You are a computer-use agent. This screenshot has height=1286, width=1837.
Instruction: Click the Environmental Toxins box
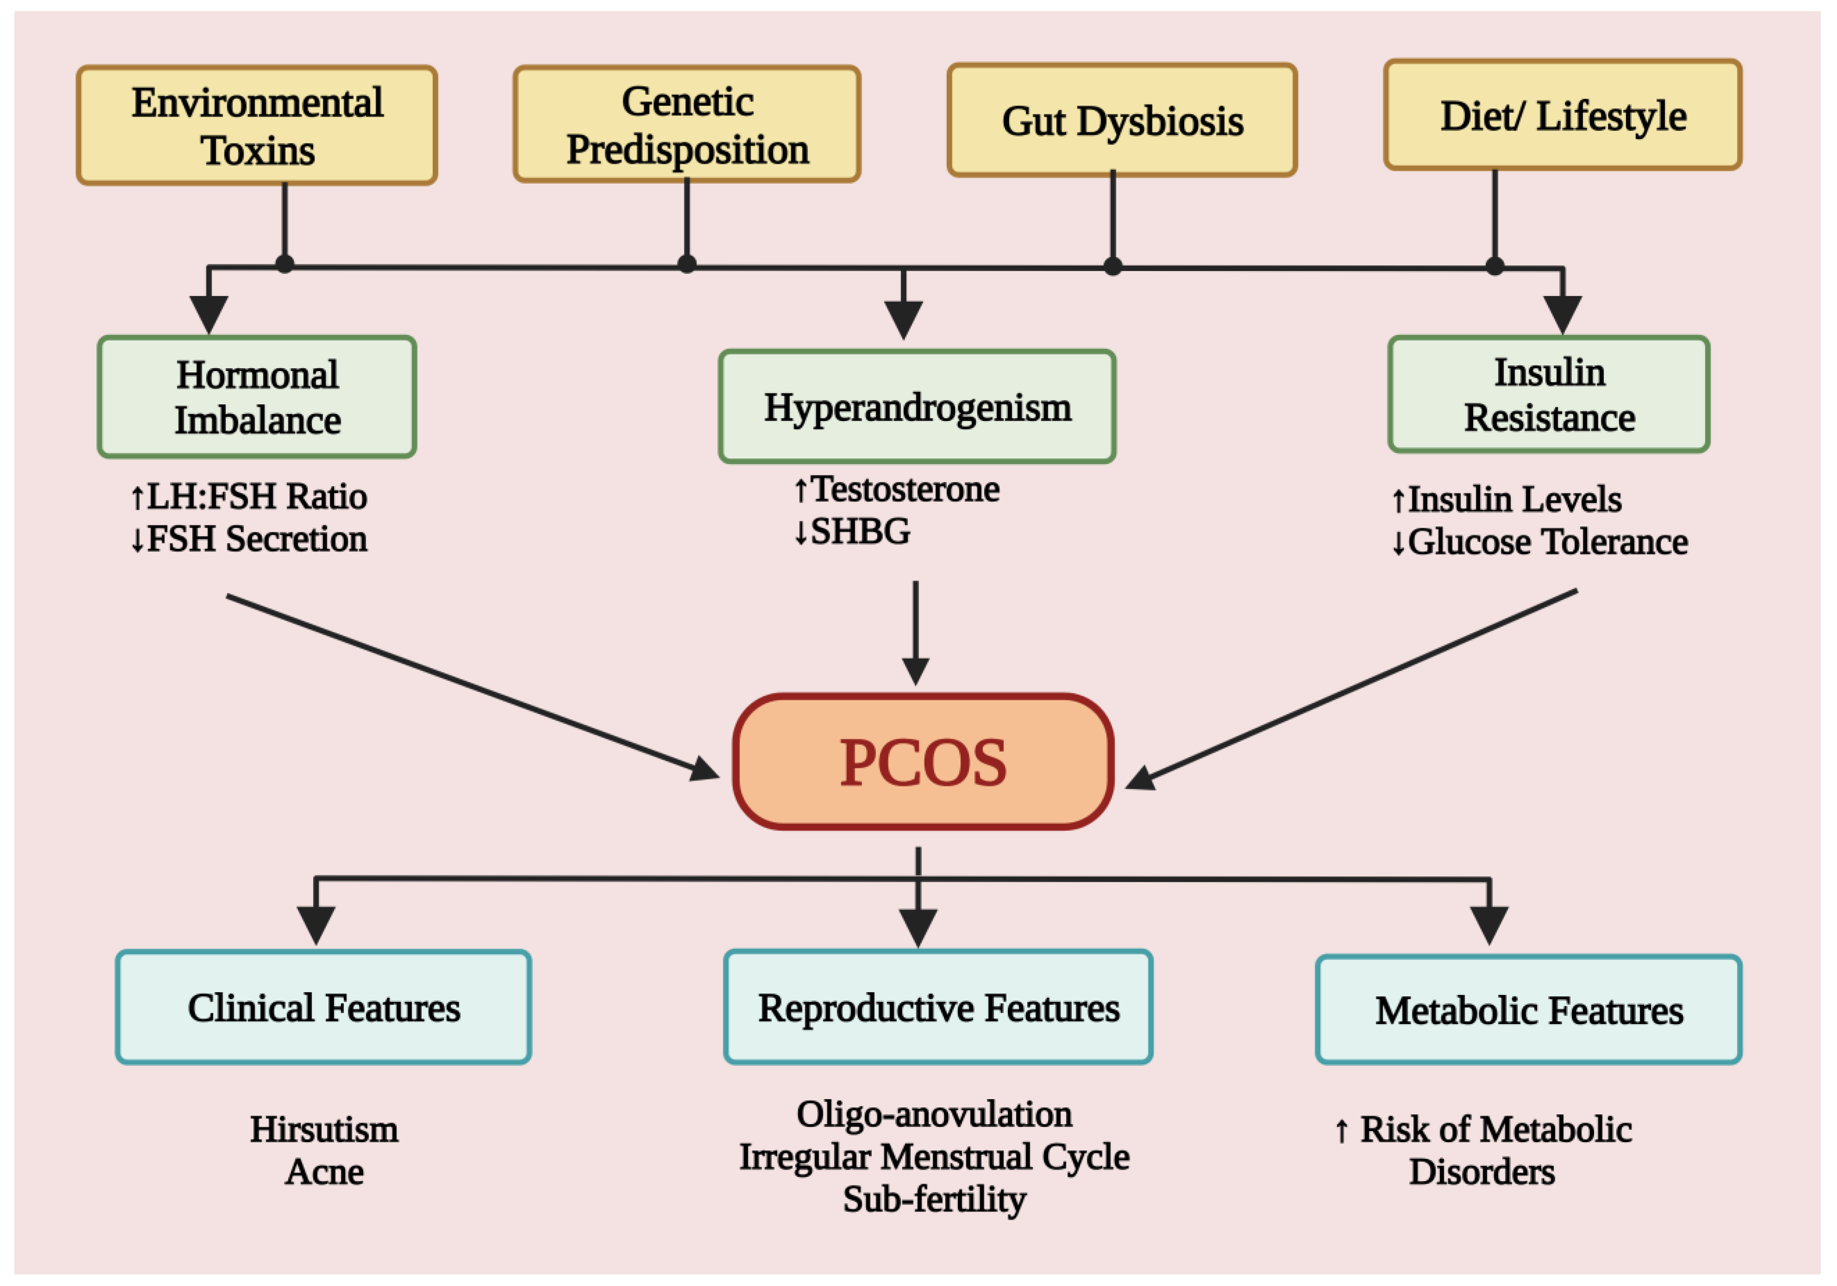click(x=257, y=125)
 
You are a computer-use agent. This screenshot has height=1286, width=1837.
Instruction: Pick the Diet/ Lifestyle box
click(x=1563, y=115)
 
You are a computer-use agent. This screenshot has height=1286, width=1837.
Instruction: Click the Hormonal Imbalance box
click(x=257, y=397)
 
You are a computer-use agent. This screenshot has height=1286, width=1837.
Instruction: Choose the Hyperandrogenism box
click(x=917, y=406)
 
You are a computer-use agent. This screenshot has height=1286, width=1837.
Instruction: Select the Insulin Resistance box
click(x=1549, y=394)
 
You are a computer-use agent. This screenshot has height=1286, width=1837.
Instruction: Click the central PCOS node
click(x=923, y=761)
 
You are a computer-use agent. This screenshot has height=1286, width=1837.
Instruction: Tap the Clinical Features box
click(x=323, y=1007)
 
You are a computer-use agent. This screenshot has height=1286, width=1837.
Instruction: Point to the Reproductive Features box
click(x=937, y=1007)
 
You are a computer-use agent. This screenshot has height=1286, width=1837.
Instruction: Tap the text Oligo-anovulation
click(x=934, y=1113)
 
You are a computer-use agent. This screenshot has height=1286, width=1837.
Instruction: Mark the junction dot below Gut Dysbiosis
click(x=1112, y=266)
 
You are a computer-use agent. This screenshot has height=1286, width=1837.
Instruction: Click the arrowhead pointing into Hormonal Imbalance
click(x=209, y=314)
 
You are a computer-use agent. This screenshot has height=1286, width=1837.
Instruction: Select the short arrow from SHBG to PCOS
click(x=915, y=632)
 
